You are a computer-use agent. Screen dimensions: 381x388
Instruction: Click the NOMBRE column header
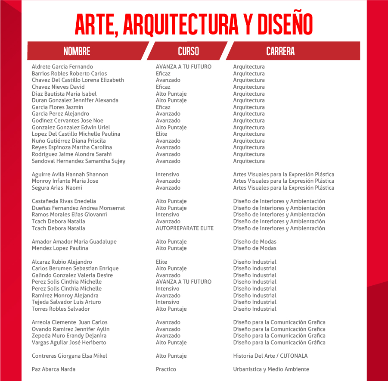tap(77, 51)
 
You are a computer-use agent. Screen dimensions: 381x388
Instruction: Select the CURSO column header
tap(189, 51)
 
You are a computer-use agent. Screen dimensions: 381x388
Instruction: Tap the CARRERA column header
tap(280, 51)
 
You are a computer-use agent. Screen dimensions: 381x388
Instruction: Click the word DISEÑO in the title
tap(285, 25)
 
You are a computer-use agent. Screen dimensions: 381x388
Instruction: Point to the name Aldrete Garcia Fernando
tap(62, 67)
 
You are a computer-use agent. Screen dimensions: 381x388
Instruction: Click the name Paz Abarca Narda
tap(53, 369)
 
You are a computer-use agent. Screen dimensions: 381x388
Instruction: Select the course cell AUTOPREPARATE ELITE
tap(185, 228)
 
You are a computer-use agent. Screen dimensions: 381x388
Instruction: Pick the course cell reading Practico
tap(166, 369)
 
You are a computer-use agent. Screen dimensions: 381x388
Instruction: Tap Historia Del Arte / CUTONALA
tap(270, 356)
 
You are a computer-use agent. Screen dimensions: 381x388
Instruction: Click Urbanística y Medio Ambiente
tap(271, 369)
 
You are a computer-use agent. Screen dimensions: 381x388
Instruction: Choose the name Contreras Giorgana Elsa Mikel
tap(69, 356)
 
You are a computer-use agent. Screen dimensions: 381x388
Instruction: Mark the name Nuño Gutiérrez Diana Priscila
tap(68, 141)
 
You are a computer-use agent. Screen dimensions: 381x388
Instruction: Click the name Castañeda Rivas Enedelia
tap(64, 201)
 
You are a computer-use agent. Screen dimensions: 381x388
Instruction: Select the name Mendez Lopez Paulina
tap(60, 248)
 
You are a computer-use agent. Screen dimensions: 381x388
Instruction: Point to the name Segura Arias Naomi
tap(57, 188)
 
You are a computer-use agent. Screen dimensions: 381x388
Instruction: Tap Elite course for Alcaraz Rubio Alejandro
tap(161, 262)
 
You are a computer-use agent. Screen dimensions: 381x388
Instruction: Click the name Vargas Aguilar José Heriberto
tap(69, 343)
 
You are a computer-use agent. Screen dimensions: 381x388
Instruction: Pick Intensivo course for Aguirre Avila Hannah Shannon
tap(168, 175)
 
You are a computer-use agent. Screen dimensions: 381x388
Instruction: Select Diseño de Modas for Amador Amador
tap(255, 242)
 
